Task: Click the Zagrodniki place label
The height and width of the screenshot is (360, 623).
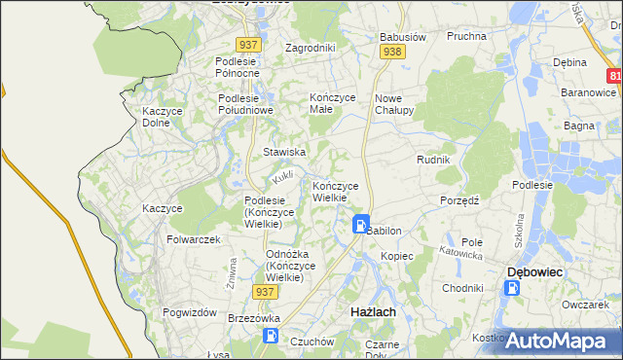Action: coord(310,47)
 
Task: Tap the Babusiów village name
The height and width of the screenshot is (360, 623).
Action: coord(403,38)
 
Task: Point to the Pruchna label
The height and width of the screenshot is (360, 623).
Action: coord(466,36)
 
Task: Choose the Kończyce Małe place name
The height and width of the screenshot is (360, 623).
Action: coord(334,104)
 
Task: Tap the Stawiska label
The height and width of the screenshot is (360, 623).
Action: coord(285,152)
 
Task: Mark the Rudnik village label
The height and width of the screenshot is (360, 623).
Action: coord(432,160)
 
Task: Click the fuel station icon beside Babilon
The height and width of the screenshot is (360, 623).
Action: coord(360,225)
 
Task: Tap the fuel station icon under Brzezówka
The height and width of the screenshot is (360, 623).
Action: coord(271,336)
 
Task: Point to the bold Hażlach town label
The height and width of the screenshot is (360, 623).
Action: coord(372,310)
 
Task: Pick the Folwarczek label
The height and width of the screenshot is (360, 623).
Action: coord(194,239)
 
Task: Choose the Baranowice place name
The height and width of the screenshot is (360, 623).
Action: coord(587,92)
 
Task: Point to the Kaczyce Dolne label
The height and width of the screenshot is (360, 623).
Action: coord(164,117)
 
